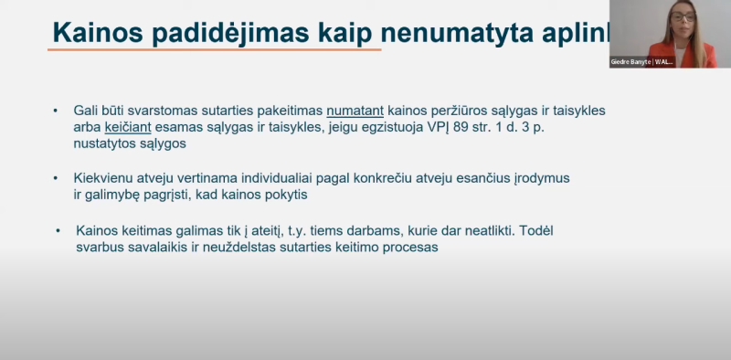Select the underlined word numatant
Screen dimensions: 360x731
click(357, 111)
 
